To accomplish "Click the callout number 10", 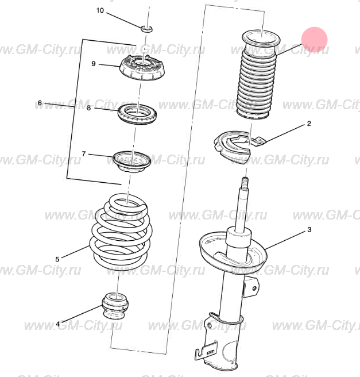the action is pyautogui.click(x=100, y=10).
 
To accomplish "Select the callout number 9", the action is pyautogui.click(x=94, y=64).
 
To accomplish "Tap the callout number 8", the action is pyautogui.click(x=89, y=108).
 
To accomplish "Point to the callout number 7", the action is pyautogui.click(x=84, y=153).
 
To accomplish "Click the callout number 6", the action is pyautogui.click(x=40, y=103).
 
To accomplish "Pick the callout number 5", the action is pyautogui.click(x=57, y=259).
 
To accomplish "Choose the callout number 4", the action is pyautogui.click(x=57, y=324).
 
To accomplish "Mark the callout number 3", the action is pyautogui.click(x=309, y=230).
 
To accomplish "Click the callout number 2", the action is pyautogui.click(x=309, y=124).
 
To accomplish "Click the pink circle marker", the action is pyautogui.click(x=315, y=40).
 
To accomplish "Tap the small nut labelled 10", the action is pyautogui.click(x=146, y=29).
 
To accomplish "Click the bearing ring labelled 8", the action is pyautogui.click(x=137, y=114).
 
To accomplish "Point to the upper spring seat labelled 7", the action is pyautogui.click(x=132, y=161).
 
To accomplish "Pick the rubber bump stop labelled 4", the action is pyautogui.click(x=115, y=305).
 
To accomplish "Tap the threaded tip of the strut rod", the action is pyautogui.click(x=245, y=182).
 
